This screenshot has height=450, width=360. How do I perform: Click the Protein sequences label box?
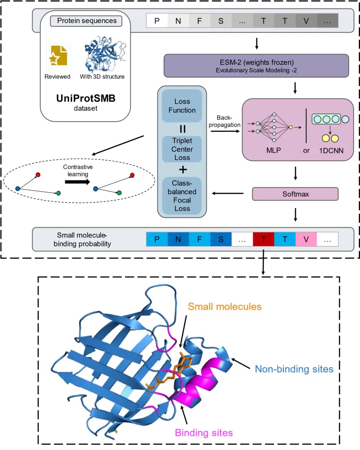click(86, 21)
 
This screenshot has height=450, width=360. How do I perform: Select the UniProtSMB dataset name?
click(86, 98)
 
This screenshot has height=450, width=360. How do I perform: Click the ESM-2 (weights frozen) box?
click(256, 66)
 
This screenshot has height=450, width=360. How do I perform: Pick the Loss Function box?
click(182, 106)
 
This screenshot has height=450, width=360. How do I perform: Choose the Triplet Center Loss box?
click(182, 149)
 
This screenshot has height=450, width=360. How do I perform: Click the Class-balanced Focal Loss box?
click(182, 196)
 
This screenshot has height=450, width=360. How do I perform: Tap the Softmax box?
click(295, 194)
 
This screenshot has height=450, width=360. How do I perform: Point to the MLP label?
click(273, 150)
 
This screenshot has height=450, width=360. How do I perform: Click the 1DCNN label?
click(331, 151)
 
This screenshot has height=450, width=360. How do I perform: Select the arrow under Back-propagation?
click(225, 131)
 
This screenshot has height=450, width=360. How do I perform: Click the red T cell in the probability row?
click(263, 239)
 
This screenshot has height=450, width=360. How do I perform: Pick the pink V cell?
click(306, 239)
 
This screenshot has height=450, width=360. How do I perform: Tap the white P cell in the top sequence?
click(157, 21)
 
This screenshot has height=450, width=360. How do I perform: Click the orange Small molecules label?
click(225, 307)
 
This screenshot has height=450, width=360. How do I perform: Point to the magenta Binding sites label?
click(204, 433)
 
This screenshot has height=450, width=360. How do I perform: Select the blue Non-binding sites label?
click(294, 369)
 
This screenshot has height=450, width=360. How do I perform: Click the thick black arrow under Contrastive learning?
click(77, 182)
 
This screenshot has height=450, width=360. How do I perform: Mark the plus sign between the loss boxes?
click(183, 170)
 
